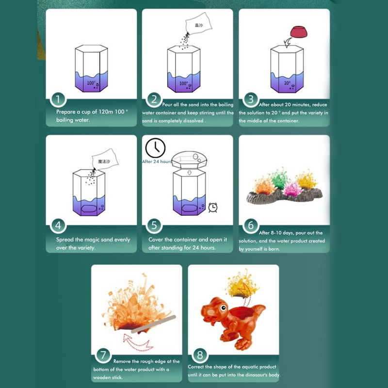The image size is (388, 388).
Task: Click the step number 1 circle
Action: tap(58, 100)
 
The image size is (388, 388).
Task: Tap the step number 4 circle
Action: tap(58, 226)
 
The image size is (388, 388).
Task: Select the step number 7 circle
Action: tap(103, 355)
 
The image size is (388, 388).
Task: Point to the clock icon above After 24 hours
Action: tap(155, 147)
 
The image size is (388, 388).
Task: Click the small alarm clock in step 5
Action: tap(212, 208)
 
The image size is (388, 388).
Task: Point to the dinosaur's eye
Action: tap(223, 306)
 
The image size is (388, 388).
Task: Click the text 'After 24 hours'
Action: tap(157, 162)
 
